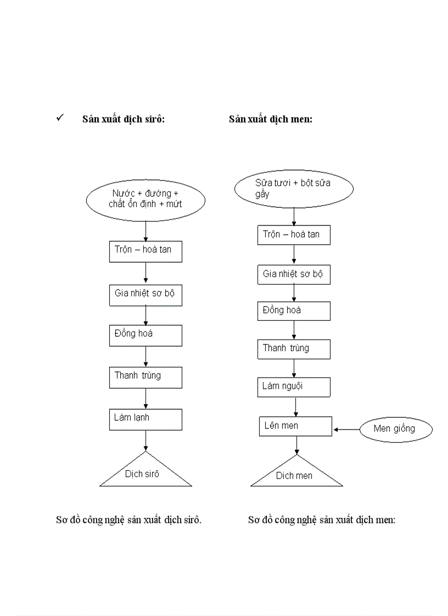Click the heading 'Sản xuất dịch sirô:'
pyautogui.click(x=124, y=119)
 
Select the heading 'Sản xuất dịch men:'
pyautogui.click(x=271, y=119)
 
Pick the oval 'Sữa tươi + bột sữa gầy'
pyautogui.click(x=294, y=188)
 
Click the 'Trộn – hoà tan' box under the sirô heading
pyautogui.click(x=145, y=251)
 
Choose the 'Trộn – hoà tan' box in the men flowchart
pyautogui.click(x=294, y=235)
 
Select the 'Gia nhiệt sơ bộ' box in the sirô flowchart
pyautogui.click(x=145, y=295)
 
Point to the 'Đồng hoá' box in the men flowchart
pyautogui.click(x=294, y=311)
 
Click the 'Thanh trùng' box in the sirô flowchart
pyautogui.click(x=145, y=377)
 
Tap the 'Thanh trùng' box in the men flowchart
pyautogui.click(x=294, y=349)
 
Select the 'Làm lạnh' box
pyautogui.click(x=145, y=419)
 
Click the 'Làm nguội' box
pyautogui.click(x=294, y=387)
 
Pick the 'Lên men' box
pyautogui.click(x=295, y=426)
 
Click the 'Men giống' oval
pyautogui.click(x=395, y=429)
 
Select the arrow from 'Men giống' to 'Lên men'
pyautogui.click(x=346, y=429)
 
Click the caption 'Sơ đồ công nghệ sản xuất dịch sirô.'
pyautogui.click(x=128, y=520)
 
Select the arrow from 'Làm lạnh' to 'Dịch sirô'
pyautogui.click(x=145, y=440)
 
